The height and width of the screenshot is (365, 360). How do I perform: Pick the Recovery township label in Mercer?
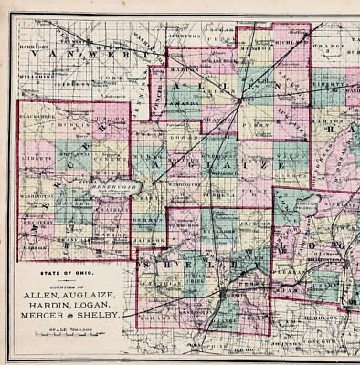point(34,222)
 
